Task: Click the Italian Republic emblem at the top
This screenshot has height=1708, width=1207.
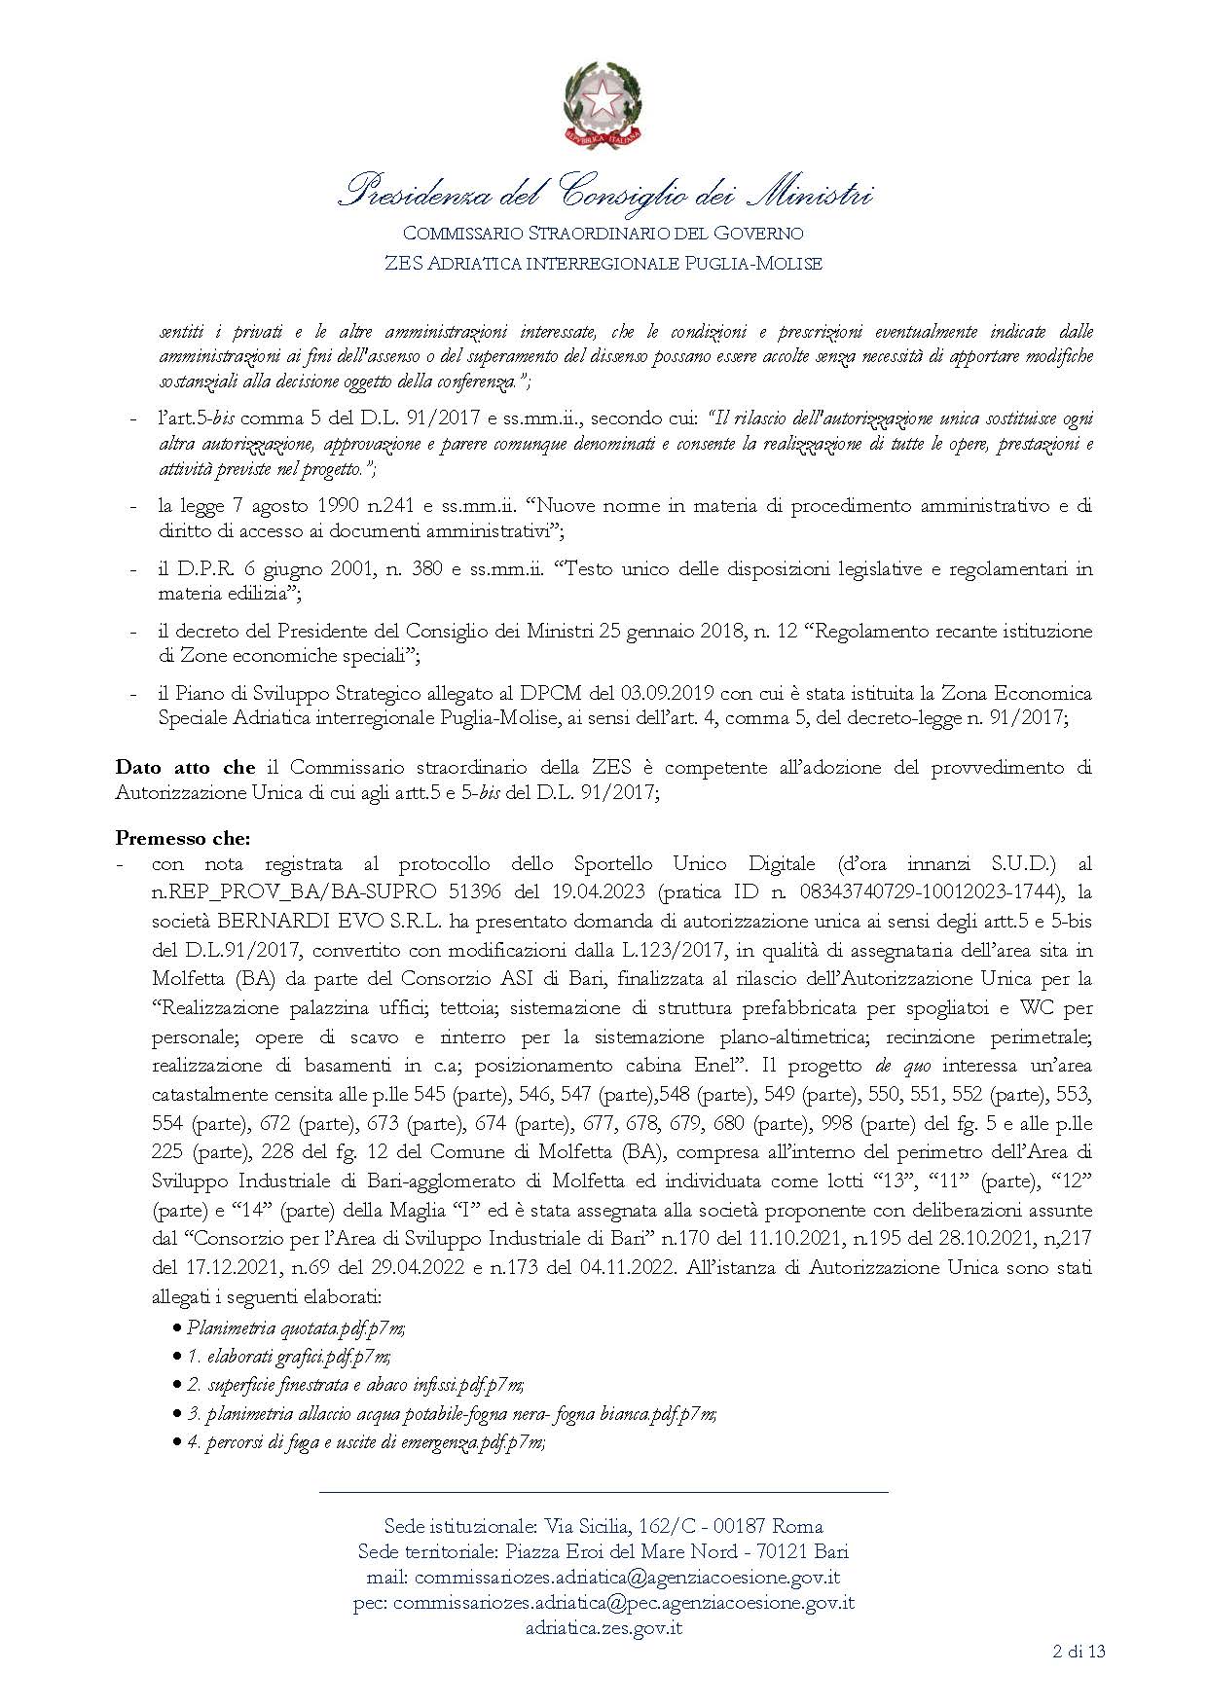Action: (x=603, y=104)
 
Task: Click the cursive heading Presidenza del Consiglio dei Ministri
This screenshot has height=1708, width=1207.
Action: (x=603, y=192)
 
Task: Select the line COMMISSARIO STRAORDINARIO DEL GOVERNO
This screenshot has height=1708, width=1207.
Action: (x=603, y=234)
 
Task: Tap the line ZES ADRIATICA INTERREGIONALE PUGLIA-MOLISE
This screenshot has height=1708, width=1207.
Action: (x=603, y=263)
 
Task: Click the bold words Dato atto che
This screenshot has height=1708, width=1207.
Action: (x=185, y=767)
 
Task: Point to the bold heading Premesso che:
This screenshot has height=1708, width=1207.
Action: (x=183, y=837)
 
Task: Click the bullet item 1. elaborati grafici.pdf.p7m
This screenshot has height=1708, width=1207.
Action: (x=289, y=1355)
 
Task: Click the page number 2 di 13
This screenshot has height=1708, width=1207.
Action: (x=1079, y=1651)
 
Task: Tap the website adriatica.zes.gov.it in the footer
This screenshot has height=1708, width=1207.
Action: (x=603, y=1627)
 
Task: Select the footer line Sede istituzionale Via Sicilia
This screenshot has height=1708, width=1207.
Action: (x=603, y=1526)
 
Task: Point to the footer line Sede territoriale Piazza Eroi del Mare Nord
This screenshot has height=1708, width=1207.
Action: (x=603, y=1551)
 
